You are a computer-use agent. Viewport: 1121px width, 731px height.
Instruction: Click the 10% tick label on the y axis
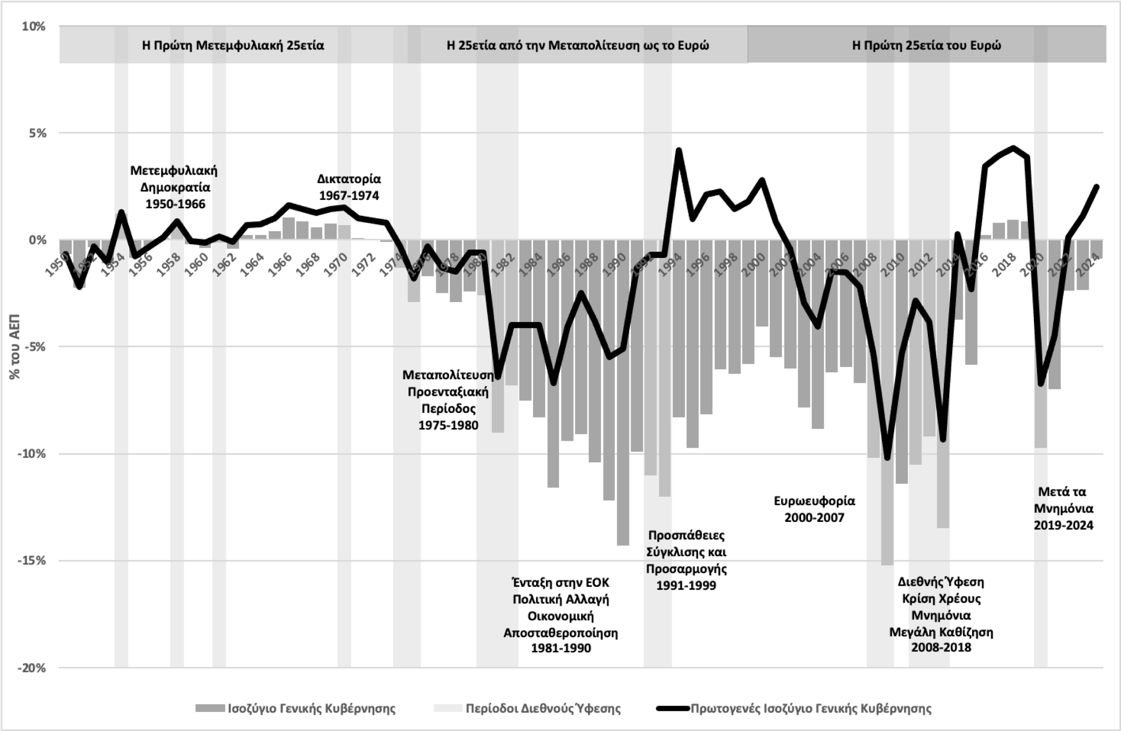(x=33, y=26)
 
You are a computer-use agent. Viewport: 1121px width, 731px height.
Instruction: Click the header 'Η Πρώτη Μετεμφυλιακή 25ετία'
(x=233, y=45)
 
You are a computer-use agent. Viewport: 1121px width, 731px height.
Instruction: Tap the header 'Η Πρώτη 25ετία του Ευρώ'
(x=926, y=45)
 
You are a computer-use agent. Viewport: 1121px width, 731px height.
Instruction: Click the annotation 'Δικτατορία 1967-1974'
(x=349, y=187)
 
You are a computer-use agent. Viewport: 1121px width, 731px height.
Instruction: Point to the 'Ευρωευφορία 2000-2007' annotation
(x=814, y=509)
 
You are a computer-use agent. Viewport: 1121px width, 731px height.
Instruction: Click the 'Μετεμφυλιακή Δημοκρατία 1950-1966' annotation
(x=174, y=187)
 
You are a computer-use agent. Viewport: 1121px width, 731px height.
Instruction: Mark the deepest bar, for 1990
(x=623, y=391)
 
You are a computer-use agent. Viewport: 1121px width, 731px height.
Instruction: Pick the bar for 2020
(x=1040, y=342)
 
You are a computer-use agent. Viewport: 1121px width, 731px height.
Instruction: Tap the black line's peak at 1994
(x=678, y=150)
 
